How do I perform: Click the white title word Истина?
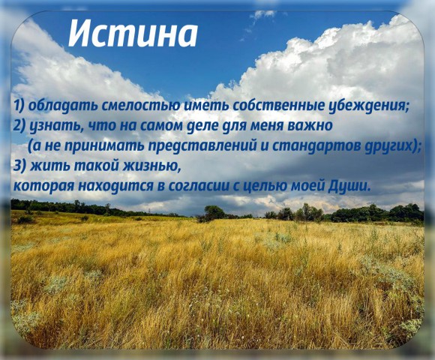[133, 33]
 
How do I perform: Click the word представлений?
[202, 146]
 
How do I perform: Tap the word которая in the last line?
[43, 185]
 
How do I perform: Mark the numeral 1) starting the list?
[19, 106]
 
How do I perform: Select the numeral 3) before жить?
[19, 166]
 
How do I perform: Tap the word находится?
[115, 186]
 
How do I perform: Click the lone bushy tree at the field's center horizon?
[214, 213]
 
